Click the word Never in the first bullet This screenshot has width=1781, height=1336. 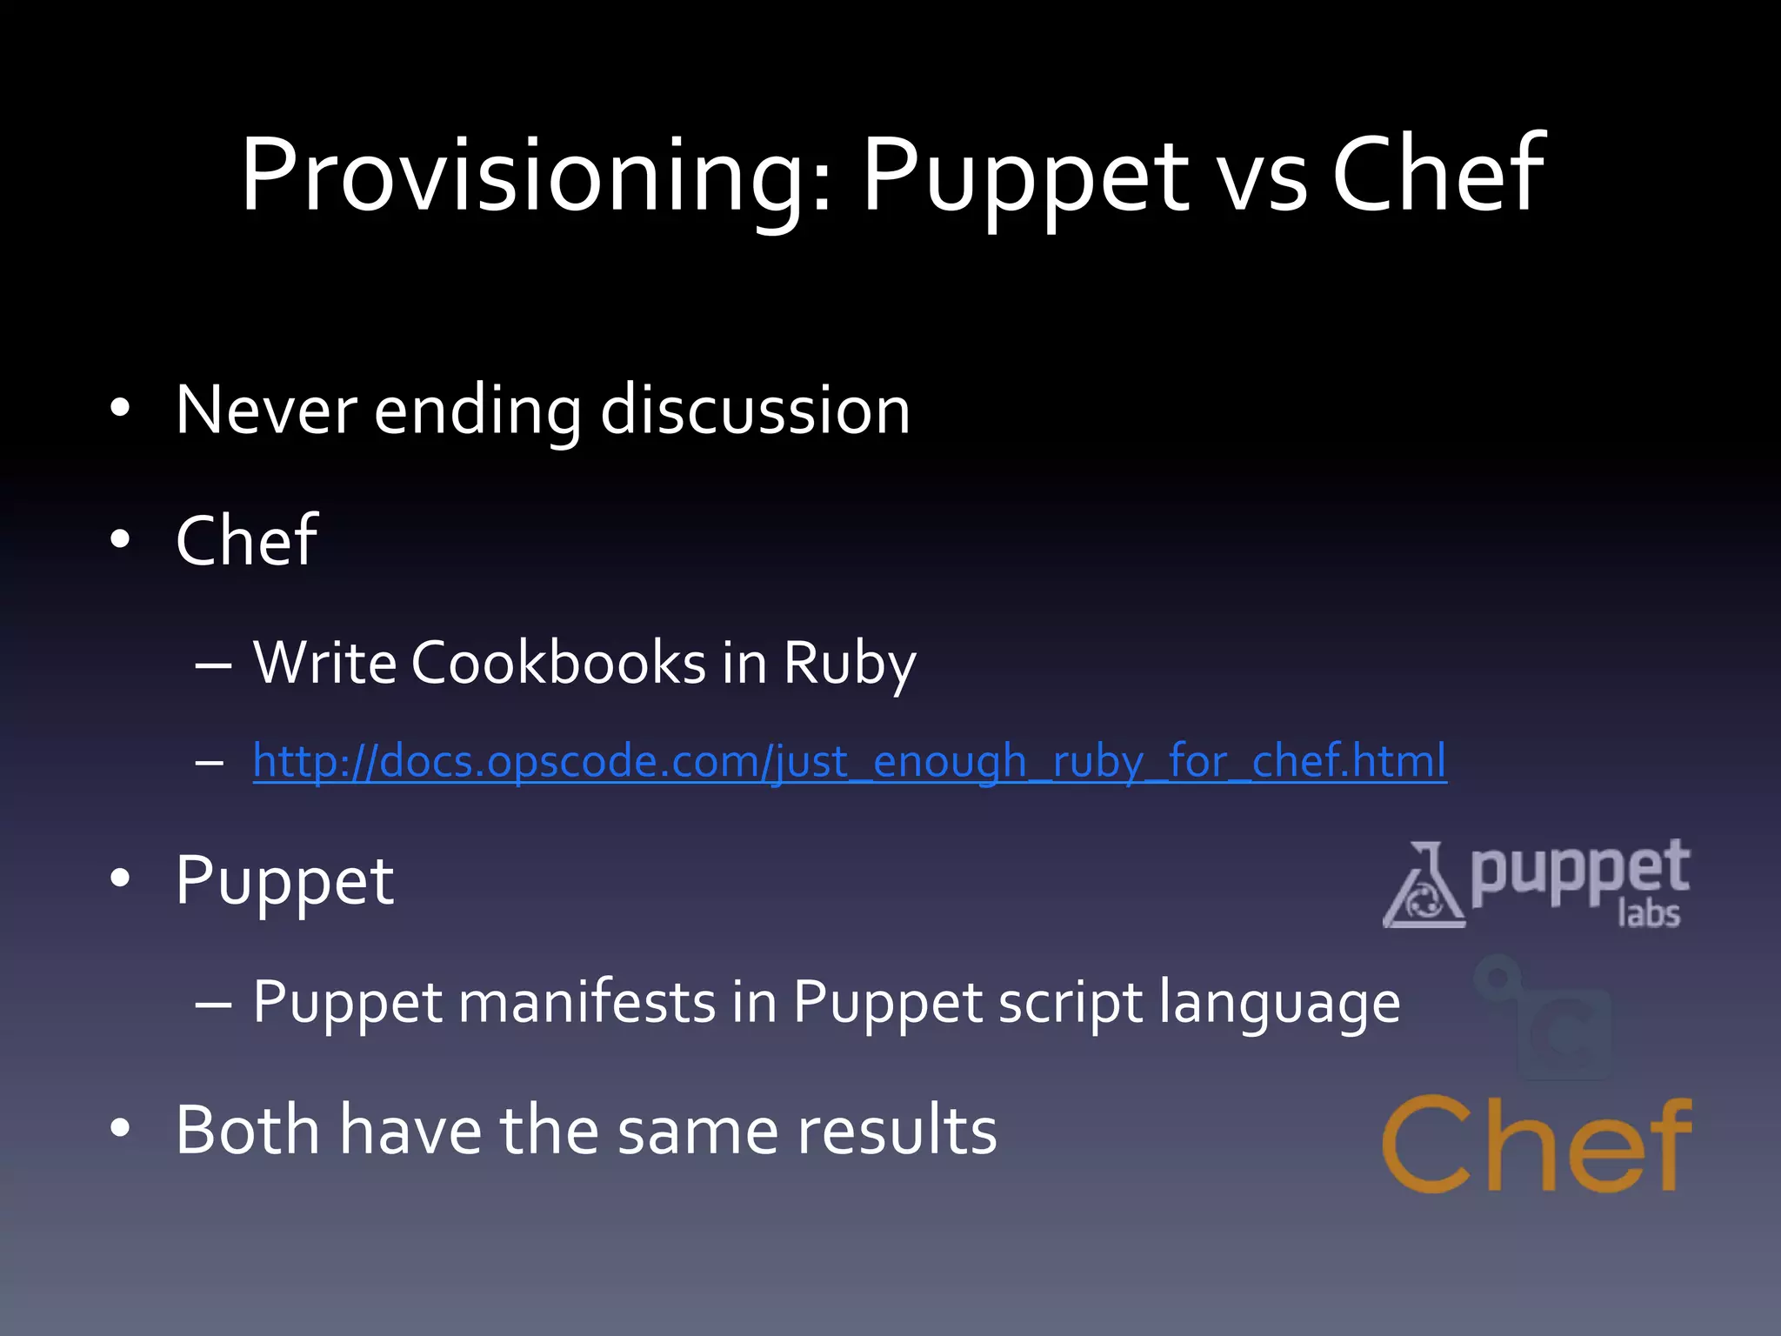(266, 410)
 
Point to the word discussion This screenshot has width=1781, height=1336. (755, 410)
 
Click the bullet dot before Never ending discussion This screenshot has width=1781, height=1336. (120, 407)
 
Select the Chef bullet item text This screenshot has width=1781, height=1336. (246, 540)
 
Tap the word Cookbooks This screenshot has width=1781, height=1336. (558, 663)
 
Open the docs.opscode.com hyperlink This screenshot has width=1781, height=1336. (849, 761)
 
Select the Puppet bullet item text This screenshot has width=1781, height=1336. (284, 882)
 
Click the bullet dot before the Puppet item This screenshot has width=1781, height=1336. (120, 878)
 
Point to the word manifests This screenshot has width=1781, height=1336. (587, 1002)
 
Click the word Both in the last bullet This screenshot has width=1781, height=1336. (248, 1130)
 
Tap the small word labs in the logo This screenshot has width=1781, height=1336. (1648, 914)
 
